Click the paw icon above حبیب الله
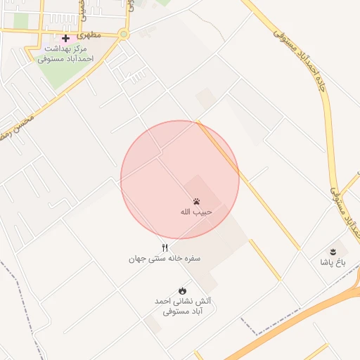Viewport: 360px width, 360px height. [x=196, y=201]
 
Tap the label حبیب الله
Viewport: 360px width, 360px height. [x=196, y=212]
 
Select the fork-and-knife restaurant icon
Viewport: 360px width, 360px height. [x=165, y=247]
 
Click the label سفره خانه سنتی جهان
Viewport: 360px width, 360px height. [x=165, y=258]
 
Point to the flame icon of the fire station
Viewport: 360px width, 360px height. [x=183, y=290]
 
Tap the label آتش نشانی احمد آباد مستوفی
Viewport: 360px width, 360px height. [x=183, y=305]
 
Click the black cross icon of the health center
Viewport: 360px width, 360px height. [x=65, y=38]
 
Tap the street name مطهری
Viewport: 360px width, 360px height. [x=89, y=34]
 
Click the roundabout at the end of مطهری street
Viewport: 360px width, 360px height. [x=124, y=34]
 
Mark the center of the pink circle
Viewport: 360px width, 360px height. [x=180, y=180]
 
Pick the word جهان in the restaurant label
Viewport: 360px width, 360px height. [x=137, y=258]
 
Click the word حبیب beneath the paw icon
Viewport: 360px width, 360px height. [x=204, y=212]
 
